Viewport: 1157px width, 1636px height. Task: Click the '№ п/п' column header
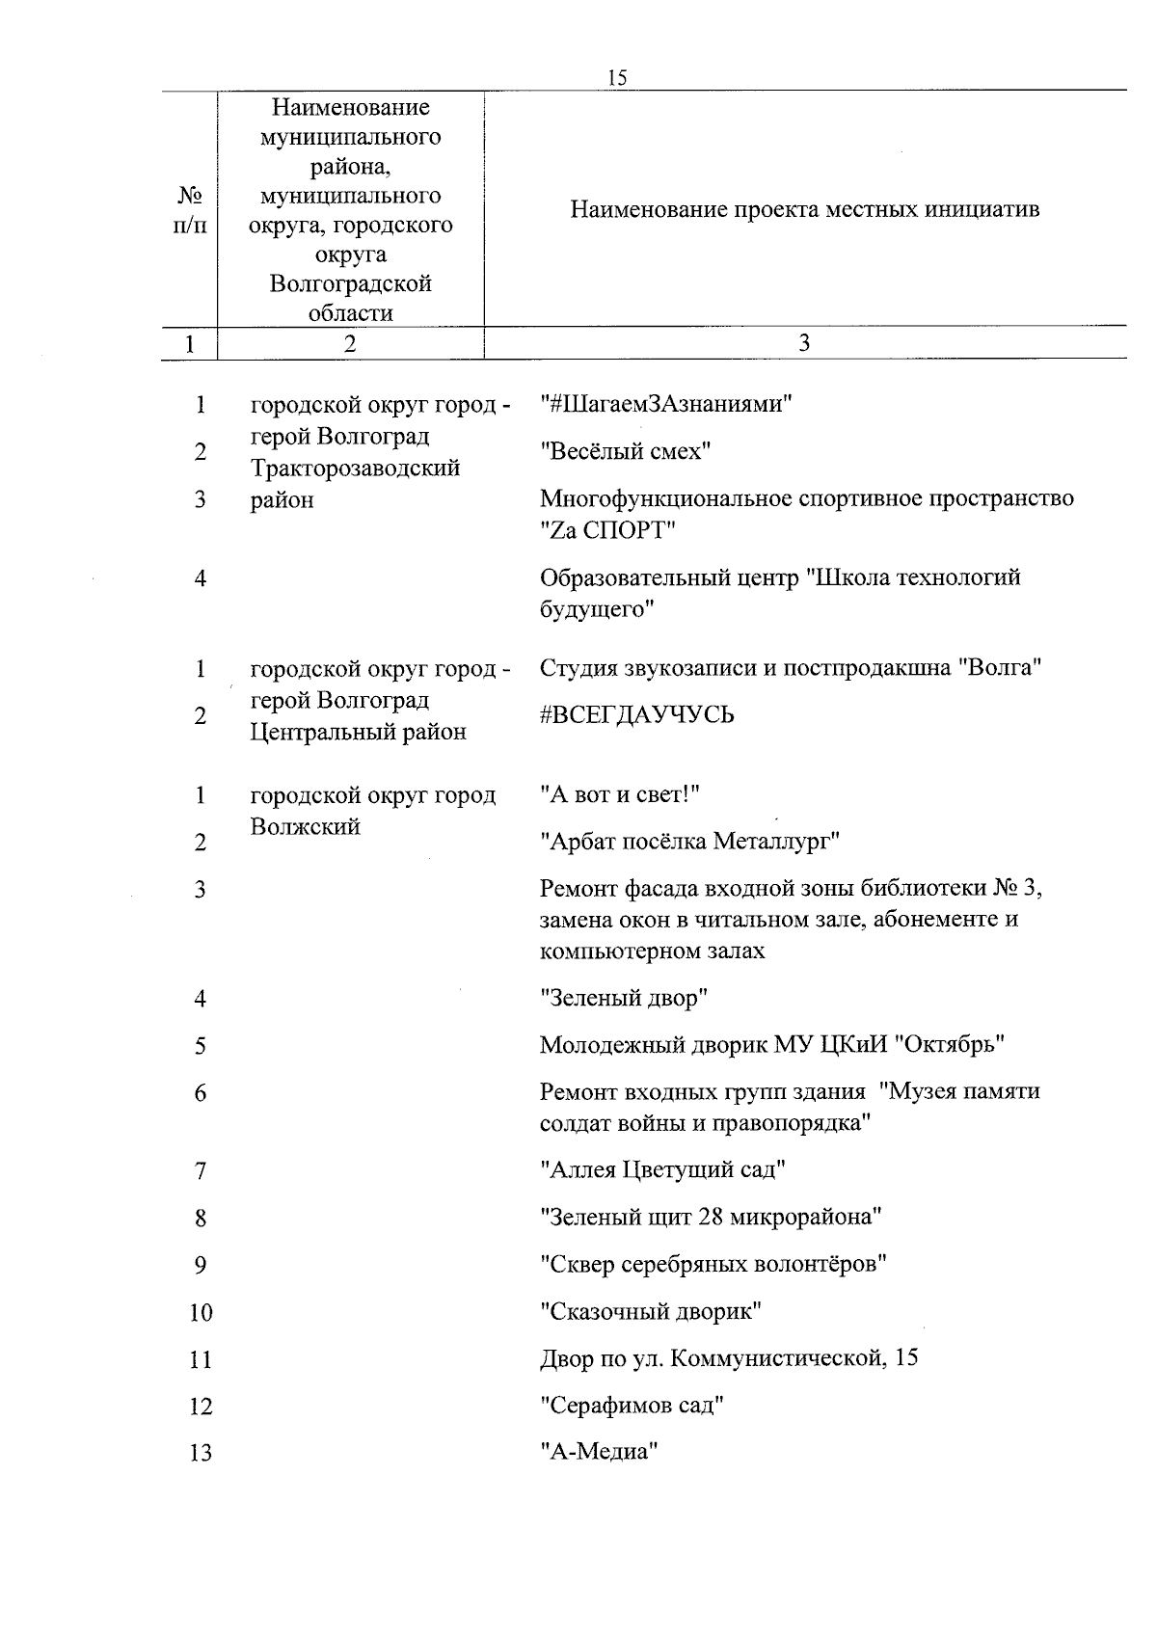point(190,210)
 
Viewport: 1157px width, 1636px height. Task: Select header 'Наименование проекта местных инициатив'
point(804,209)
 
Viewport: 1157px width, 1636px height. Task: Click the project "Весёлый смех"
point(625,451)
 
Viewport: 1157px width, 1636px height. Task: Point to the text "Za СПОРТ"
point(607,530)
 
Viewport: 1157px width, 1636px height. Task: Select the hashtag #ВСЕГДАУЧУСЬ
point(636,714)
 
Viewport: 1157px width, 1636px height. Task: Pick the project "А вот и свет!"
point(619,794)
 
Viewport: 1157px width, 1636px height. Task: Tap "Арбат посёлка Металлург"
point(689,842)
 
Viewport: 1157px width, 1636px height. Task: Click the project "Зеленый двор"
point(624,998)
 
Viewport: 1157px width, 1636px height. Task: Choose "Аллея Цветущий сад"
point(663,1170)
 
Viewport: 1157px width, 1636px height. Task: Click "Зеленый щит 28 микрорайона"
point(711,1218)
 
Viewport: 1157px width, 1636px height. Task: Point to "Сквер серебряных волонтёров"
point(713,1264)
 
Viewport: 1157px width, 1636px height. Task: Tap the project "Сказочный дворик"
point(651,1311)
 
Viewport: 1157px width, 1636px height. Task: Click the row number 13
point(201,1453)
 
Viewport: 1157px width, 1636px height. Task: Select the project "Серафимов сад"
point(632,1406)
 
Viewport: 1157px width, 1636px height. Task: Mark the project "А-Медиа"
point(599,1452)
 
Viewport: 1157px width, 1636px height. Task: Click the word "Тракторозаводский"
point(356,469)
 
